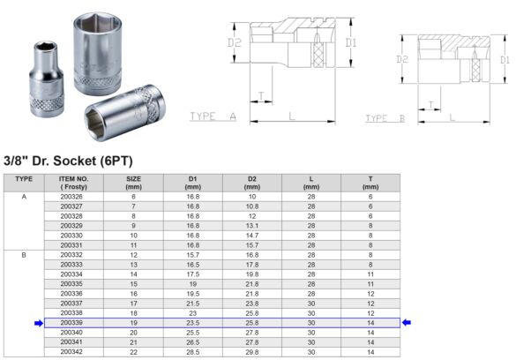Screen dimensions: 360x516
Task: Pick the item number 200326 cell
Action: pyautogui.click(x=72, y=197)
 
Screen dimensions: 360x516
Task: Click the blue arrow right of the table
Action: pyautogui.click(x=407, y=323)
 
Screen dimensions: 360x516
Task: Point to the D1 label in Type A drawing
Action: pyautogui.click(x=350, y=41)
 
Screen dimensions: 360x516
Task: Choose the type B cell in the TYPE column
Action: pyautogui.click(x=24, y=255)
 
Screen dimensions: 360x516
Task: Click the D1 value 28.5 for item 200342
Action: pyautogui.click(x=192, y=352)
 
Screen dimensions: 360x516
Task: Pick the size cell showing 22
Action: pyautogui.click(x=134, y=352)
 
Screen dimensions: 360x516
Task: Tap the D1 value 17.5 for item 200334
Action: pyautogui.click(x=192, y=274)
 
